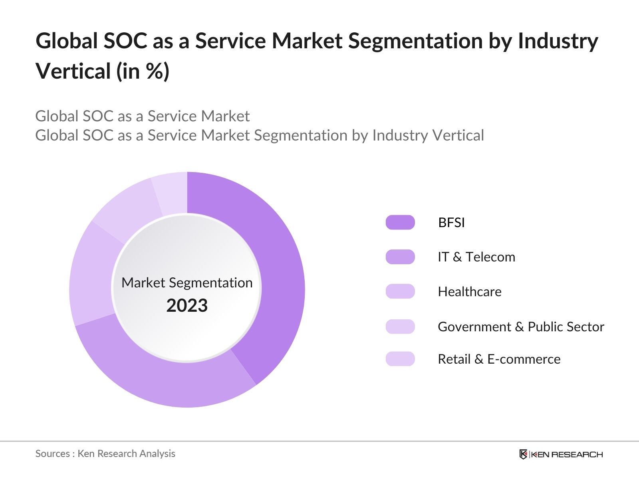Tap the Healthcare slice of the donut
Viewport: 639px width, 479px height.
[x=91, y=275]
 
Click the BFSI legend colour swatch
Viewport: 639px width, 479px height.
[x=400, y=222]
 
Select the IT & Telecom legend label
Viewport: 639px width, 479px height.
[x=476, y=257]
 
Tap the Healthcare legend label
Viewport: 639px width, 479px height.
[x=469, y=292]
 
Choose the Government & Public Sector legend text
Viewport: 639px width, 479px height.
[x=520, y=327]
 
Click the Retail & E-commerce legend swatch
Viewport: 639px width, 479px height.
[x=400, y=359]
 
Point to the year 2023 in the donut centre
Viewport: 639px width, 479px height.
[x=187, y=306]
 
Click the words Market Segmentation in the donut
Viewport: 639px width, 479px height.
[x=187, y=283]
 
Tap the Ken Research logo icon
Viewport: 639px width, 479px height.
[x=523, y=454]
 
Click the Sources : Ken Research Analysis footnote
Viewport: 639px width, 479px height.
[x=105, y=453]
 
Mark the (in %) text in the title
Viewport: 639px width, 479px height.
[x=143, y=71]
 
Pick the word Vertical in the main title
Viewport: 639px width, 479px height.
[x=73, y=71]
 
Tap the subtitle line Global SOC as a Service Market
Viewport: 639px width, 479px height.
[x=142, y=116]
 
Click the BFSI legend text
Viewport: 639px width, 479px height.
[x=451, y=222]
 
